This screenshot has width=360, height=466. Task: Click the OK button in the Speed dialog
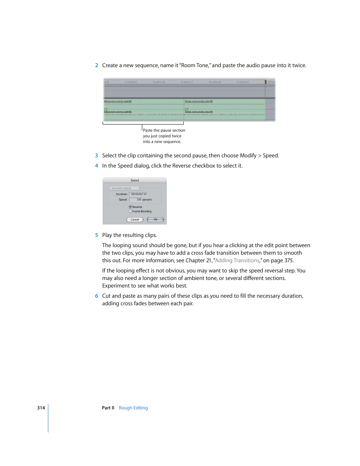tap(155, 220)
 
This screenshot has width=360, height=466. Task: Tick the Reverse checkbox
tap(130, 207)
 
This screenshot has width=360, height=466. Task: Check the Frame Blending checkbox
tap(130, 211)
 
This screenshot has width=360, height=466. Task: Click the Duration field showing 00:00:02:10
tap(139, 194)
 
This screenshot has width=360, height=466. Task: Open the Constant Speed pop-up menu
tap(126, 188)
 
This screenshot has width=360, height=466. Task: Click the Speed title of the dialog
tap(135, 180)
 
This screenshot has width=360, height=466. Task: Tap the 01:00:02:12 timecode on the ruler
tap(187, 82)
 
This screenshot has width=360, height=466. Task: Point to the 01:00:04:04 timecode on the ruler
tap(243, 82)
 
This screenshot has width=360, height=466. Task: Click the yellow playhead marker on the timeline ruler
tap(265, 82)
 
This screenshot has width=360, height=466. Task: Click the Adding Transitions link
tap(237, 260)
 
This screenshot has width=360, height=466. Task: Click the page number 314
tap(41, 408)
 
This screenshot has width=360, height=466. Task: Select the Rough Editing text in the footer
tap(133, 408)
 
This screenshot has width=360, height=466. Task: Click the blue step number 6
tap(97, 296)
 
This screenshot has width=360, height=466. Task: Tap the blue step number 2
tap(97, 65)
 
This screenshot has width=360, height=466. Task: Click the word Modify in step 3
tap(248, 155)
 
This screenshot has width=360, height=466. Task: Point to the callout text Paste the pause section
tap(164, 130)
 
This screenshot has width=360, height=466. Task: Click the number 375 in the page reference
tap(289, 260)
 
